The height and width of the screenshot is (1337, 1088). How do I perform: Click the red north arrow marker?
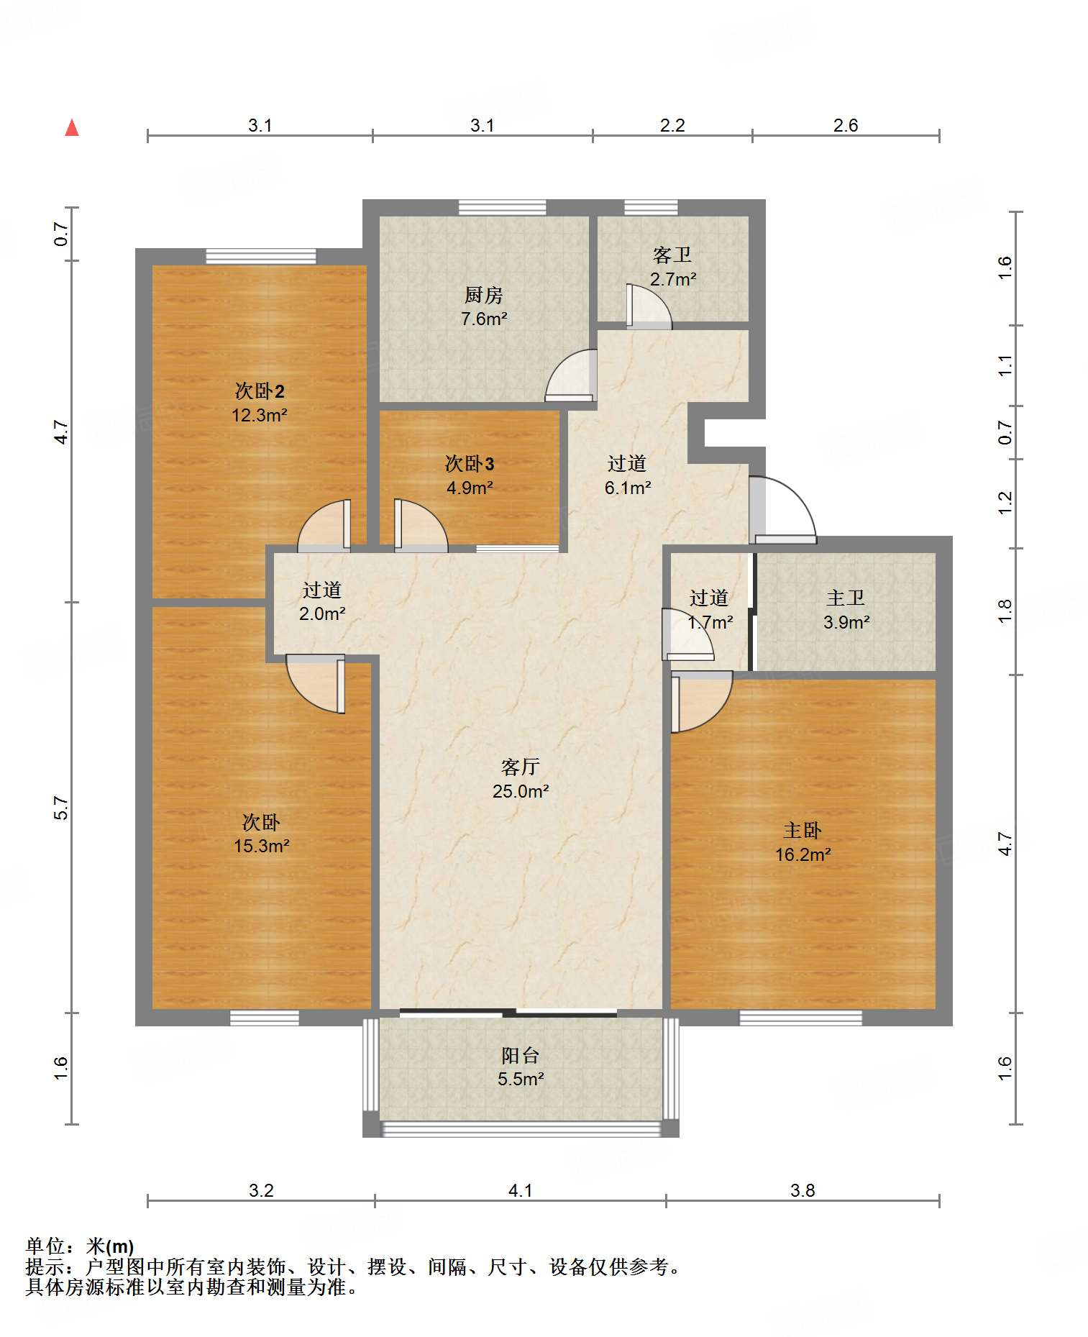tap(72, 128)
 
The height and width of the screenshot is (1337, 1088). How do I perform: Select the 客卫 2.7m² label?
tap(672, 267)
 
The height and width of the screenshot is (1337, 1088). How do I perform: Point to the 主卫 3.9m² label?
tap(846, 610)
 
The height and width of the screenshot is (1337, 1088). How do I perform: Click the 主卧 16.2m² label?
tap(803, 842)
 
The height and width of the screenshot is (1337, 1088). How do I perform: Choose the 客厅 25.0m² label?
tap(520, 779)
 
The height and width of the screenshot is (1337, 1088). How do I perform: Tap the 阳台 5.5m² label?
tap(520, 1067)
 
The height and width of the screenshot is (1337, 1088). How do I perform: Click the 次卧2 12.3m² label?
tap(259, 403)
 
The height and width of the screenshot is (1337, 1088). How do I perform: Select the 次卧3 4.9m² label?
tap(470, 475)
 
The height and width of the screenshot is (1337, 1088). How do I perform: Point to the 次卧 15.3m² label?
tap(261, 834)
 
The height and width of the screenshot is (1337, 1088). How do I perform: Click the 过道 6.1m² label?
tap(627, 475)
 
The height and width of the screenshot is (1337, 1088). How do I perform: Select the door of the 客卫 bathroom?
tap(648, 306)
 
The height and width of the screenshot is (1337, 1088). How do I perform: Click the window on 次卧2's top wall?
tap(261, 256)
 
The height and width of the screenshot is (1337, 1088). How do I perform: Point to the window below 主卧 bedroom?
tap(800, 1018)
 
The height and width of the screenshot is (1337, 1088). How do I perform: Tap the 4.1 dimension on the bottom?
tap(520, 1190)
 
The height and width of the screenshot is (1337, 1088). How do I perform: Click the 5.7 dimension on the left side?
tap(62, 808)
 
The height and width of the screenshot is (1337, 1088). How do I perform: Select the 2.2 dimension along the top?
tap(672, 125)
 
